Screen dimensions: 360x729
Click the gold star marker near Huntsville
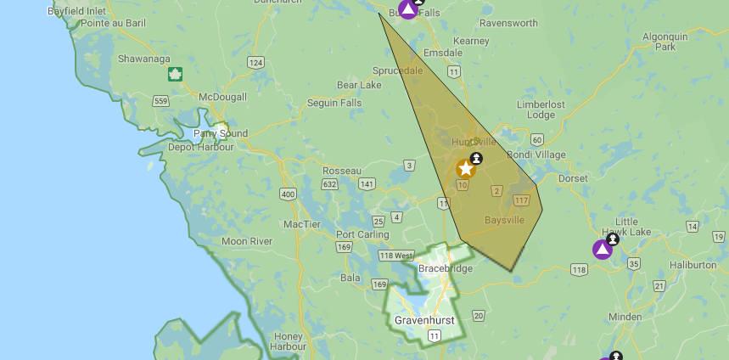[x=465, y=168]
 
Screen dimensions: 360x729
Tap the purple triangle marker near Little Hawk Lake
[x=602, y=249]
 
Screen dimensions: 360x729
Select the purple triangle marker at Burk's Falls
[x=408, y=9]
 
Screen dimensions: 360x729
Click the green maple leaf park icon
[x=176, y=74]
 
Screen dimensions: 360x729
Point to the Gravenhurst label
[x=424, y=320]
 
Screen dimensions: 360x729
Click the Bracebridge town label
[x=445, y=268]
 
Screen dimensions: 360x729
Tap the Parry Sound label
[x=221, y=133]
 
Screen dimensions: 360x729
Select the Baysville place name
[x=504, y=220]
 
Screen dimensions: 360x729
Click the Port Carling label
[x=362, y=234]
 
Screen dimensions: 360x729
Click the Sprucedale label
[x=396, y=70]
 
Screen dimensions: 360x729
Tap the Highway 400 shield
[x=289, y=194]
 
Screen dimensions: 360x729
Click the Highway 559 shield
[x=160, y=101]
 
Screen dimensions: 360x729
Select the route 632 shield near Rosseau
[x=331, y=184]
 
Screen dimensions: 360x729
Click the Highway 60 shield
[x=536, y=139]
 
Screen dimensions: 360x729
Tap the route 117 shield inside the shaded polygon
[x=521, y=200]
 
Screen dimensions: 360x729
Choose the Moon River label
[x=247, y=241]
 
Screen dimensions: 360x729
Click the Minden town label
[x=625, y=316]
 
